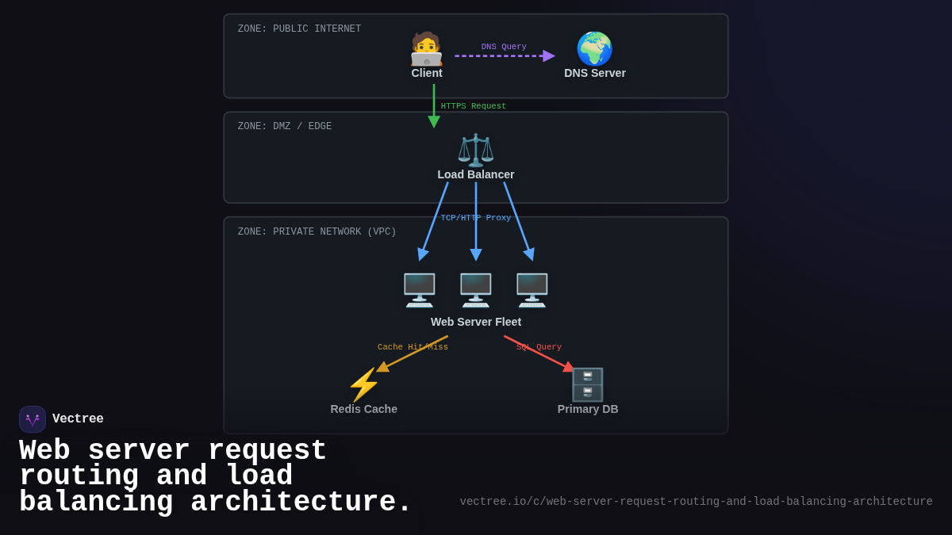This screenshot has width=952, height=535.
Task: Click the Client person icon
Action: click(426, 49)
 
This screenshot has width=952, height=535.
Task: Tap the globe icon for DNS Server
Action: click(594, 49)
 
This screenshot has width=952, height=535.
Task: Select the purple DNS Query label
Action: click(504, 47)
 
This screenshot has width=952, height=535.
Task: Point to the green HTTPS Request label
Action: click(474, 106)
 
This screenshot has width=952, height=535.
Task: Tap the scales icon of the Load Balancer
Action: click(476, 150)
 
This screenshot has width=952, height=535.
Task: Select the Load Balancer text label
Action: click(476, 174)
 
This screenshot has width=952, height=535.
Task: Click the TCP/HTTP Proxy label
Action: click(476, 218)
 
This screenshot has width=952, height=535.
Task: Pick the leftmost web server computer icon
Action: click(420, 290)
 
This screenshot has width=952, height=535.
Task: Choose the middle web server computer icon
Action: click(476, 290)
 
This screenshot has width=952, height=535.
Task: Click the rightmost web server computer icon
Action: click(532, 290)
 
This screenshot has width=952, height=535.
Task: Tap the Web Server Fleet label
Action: click(476, 322)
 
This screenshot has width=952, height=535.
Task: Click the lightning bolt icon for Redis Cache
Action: click(364, 384)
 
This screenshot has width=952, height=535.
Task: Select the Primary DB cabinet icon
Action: click(588, 384)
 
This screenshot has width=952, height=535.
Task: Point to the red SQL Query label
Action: click(539, 347)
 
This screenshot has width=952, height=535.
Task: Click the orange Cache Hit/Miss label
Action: click(413, 347)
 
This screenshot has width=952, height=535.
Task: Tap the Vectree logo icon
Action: click(33, 419)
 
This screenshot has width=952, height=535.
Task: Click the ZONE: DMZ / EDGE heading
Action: click(285, 127)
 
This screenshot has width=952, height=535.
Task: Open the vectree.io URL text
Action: click(696, 502)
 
